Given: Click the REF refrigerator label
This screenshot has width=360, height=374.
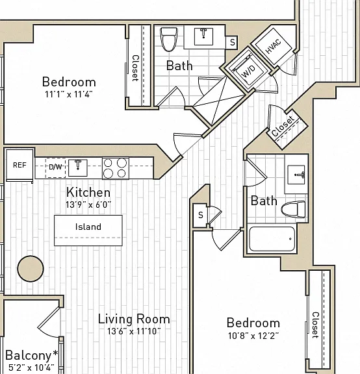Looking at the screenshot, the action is click(19, 165).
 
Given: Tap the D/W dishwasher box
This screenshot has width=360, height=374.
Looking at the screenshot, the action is click(56, 168).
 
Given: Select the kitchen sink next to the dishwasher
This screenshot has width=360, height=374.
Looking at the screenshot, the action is click(78, 168).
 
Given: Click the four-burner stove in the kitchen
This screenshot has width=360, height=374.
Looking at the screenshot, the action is click(116, 168).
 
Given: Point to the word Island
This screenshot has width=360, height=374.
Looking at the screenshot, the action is click(88, 227).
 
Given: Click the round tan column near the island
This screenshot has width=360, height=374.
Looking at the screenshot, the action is click(31, 269).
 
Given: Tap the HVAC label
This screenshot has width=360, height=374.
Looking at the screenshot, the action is click(274, 47).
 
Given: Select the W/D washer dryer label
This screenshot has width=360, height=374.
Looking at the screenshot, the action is click(248, 71).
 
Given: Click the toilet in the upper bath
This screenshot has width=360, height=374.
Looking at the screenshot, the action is click(169, 40).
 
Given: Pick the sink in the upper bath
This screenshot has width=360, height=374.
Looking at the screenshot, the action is click(203, 36).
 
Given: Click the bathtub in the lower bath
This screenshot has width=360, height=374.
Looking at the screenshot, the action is click(272, 239).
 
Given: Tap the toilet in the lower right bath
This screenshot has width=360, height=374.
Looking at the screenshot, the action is click(293, 209).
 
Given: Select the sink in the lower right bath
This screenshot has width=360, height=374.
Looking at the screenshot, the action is click(296, 175).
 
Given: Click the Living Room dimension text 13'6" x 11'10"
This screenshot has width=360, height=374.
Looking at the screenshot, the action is click(134, 331).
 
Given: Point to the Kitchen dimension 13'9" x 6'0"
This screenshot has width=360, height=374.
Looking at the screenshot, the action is click(88, 205).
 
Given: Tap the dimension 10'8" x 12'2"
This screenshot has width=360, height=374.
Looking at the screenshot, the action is click(253, 336).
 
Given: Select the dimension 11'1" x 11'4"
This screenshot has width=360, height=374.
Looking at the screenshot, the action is click(69, 94).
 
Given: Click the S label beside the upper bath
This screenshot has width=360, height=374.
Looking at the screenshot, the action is click(233, 42).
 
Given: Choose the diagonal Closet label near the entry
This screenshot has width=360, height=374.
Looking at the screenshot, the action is click(283, 126).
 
